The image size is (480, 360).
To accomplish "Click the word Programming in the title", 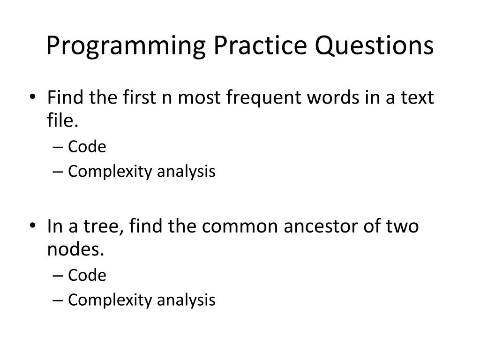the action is click(x=126, y=45).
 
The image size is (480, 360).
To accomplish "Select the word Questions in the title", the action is click(x=375, y=45).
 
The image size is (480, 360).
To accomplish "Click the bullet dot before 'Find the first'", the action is click(x=33, y=97).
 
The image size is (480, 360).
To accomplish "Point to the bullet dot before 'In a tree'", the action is click(x=33, y=226).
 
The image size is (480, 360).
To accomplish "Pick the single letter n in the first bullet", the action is click(x=167, y=99).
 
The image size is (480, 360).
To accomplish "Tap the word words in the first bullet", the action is click(x=333, y=97).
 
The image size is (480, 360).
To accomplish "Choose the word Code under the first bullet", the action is click(x=87, y=147).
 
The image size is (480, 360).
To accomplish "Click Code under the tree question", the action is click(x=87, y=275).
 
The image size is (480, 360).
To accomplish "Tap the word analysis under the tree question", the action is click(x=186, y=300).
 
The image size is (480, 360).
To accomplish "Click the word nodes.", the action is click(x=75, y=249).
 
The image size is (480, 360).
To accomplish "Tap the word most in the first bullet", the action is click(x=199, y=98).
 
